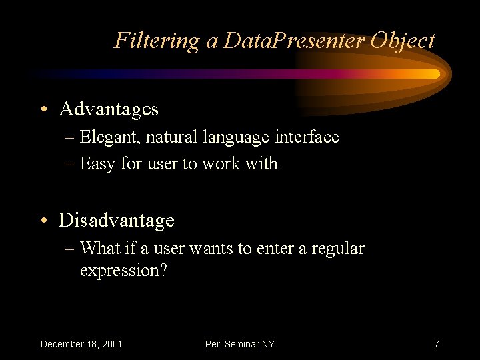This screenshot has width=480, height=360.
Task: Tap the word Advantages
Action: point(109,108)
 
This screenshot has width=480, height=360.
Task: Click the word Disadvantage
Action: point(117,219)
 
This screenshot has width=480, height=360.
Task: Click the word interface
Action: point(306,137)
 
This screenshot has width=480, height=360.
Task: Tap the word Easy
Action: point(97,163)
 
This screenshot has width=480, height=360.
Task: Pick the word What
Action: point(99,249)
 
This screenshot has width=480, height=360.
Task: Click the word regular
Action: point(337,249)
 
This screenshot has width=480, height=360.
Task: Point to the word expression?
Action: point(123,271)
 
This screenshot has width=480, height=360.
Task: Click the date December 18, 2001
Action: point(81,344)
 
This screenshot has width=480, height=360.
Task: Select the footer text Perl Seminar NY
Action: point(240,344)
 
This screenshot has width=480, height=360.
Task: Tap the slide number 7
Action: point(436,344)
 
